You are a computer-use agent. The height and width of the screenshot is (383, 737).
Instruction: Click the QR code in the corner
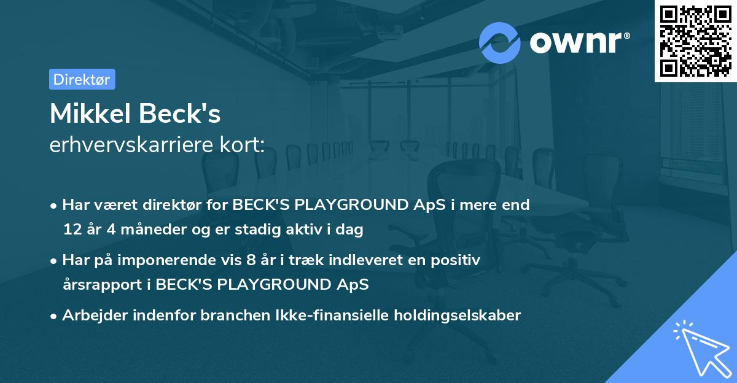695,41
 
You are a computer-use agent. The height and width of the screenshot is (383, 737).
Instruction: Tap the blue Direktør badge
82,79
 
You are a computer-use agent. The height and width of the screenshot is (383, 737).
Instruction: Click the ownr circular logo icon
500,42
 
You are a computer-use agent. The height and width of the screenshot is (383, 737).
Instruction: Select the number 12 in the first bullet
71,230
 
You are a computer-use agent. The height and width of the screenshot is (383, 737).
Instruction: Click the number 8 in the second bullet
249,260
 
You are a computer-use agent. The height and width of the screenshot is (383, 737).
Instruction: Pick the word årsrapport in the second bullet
98,285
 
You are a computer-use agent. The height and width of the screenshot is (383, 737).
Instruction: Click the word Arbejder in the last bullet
91,315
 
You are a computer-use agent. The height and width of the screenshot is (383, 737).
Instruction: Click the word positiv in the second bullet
457,260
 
